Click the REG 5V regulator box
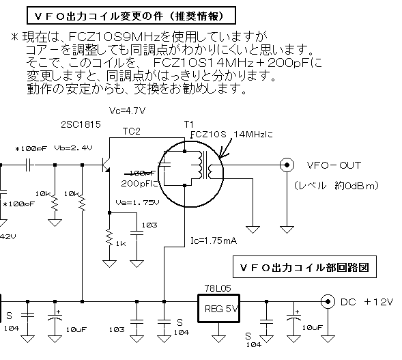pos(218,308)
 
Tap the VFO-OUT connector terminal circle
pos(287,165)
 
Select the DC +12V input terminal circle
pos(328,301)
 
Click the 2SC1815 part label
pos(81,124)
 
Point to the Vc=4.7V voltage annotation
pos(127,111)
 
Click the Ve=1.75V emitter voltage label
pos(137,203)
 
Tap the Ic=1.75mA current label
pos(214,240)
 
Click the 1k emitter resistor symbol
pos(109,237)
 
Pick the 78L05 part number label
pos(218,288)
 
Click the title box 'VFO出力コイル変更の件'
pos(131,16)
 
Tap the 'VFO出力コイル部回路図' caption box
pos(304,267)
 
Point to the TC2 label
pos(132,131)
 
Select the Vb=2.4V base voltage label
pos(73,148)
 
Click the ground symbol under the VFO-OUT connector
pos(287,229)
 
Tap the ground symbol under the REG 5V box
pos(218,339)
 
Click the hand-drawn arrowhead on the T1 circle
pos(222,154)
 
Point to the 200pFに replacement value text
pos(140,184)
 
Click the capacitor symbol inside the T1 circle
pos(164,165)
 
